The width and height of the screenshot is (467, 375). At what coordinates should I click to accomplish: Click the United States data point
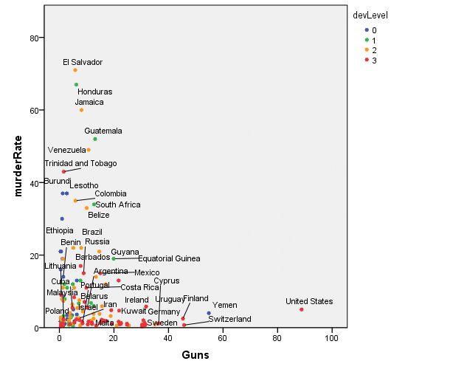(x=302, y=309)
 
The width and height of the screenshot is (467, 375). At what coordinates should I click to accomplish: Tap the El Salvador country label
(x=83, y=62)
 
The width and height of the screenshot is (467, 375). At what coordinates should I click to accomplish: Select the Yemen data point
(x=209, y=313)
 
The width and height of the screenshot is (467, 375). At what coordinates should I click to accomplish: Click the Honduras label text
(x=95, y=92)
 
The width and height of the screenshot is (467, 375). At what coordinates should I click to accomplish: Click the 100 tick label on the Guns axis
(x=331, y=338)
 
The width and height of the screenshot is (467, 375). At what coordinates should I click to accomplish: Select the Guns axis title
(x=196, y=355)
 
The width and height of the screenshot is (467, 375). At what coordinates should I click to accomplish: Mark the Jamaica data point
(x=81, y=110)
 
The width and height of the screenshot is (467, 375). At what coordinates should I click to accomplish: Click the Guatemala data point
(x=95, y=139)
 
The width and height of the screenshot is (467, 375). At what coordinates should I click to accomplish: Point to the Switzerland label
(x=229, y=320)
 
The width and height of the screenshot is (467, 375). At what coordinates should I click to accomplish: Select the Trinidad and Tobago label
(x=80, y=163)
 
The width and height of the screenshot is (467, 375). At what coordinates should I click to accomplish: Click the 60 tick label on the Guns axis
(x=222, y=338)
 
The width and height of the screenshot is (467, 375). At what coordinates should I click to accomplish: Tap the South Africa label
(x=118, y=204)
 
